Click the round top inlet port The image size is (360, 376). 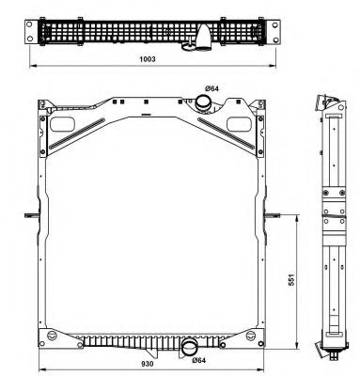coord(202,102)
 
